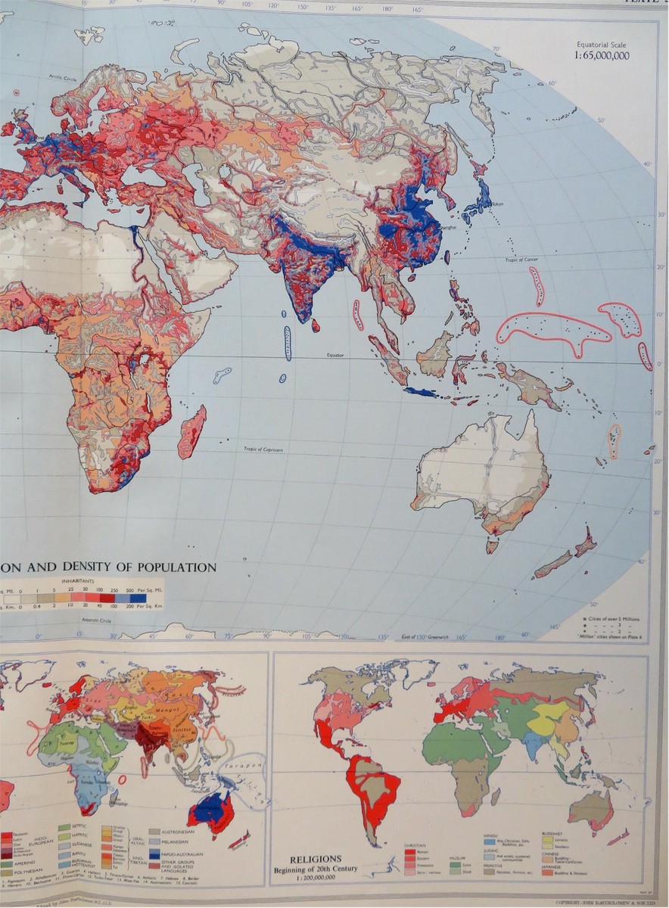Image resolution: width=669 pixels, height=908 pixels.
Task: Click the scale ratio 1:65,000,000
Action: click(602, 55)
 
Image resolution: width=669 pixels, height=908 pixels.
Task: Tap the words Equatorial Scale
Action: click(602, 45)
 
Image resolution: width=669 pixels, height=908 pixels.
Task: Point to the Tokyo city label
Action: click(500, 204)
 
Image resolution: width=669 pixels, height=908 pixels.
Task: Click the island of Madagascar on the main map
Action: click(191, 432)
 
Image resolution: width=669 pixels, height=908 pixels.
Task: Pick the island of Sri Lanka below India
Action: click(316, 325)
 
